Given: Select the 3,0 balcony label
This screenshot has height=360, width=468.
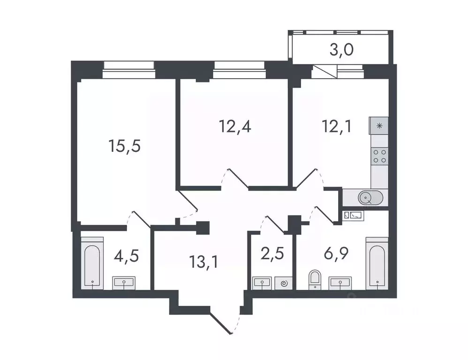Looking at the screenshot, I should coord(341,50).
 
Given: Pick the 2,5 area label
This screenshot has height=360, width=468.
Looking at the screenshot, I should coord(272,255).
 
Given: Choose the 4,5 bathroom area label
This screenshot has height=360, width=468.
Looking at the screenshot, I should coord(127,257).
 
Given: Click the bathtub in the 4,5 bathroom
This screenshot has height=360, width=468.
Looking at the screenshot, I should coord(92,265).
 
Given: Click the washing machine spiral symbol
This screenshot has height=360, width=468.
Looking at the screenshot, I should coord(283,282).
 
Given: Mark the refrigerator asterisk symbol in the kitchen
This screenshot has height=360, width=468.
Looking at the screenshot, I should coord(379,125).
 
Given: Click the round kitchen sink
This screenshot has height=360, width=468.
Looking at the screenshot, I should coord(368,198).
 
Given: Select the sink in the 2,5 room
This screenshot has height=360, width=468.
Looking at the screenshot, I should coord(261,282).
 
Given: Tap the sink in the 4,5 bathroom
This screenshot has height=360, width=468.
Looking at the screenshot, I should coord(123,282).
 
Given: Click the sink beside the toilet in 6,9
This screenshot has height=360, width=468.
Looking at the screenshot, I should coord(340,282).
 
